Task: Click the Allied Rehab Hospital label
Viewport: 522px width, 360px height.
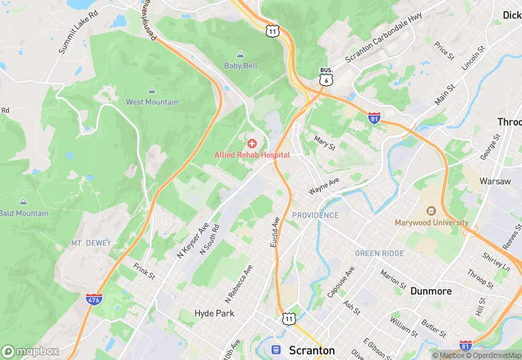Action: point(252,155)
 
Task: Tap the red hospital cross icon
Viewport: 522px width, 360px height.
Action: point(252,144)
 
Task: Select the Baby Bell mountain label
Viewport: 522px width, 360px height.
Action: point(240,66)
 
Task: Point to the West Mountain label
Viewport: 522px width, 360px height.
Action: point(152,102)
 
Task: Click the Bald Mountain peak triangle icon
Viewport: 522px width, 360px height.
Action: point(23,202)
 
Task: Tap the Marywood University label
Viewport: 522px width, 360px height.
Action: point(431,223)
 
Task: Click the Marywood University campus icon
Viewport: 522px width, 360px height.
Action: point(431,211)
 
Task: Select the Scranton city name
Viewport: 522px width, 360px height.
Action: point(312,350)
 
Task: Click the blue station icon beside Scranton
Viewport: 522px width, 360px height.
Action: point(277,350)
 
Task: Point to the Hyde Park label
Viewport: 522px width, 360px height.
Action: point(214,313)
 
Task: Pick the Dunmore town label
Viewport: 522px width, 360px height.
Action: point(431,291)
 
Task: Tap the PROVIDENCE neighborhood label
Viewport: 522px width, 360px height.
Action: point(315,215)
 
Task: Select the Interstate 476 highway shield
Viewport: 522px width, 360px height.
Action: point(93,300)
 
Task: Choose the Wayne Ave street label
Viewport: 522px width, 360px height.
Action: point(324,185)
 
